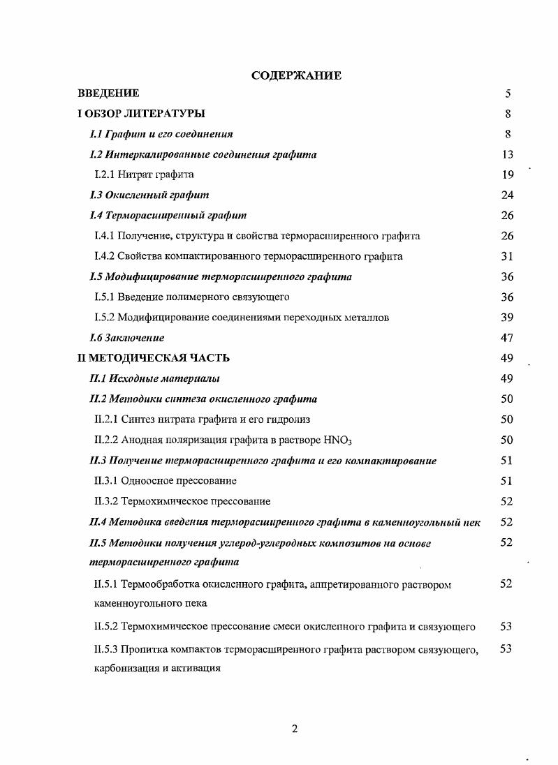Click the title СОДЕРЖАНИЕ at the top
pyautogui.click(x=296, y=75)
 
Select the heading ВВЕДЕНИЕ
pyautogui.click(x=108, y=94)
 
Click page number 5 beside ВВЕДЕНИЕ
pyautogui.click(x=508, y=94)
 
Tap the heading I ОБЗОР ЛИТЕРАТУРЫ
pyautogui.click(x=141, y=114)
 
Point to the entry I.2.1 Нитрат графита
pyautogui.click(x=144, y=174)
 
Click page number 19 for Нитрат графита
pyautogui.click(x=508, y=174)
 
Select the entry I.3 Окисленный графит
pyautogui.click(x=149, y=195)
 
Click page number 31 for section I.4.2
pyautogui.click(x=508, y=256)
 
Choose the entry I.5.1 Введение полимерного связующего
pyautogui.click(x=191, y=297)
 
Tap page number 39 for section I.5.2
pyautogui.click(x=508, y=318)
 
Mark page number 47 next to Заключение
pyautogui.click(x=508, y=338)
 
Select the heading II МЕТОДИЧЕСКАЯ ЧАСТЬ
pyautogui.click(x=154, y=358)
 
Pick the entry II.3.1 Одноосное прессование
pyautogui.click(x=166, y=480)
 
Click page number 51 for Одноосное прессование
pyautogui.click(x=508, y=480)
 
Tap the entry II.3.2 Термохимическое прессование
pyautogui.click(x=182, y=501)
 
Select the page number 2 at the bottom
pyautogui.click(x=295, y=729)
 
